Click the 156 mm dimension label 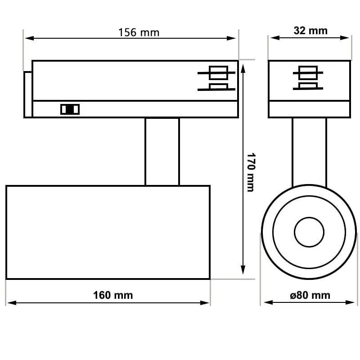tap(139, 32)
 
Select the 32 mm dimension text tap(310, 31)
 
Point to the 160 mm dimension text tap(113, 295)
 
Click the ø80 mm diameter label tap(310, 295)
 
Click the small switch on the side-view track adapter tap(70, 109)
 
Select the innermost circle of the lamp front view tap(309, 232)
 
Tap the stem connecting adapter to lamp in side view tap(162, 151)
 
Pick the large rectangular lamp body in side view tap(108, 232)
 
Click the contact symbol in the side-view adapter tap(217, 79)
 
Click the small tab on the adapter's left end tap(28, 94)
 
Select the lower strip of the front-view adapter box tap(309, 109)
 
